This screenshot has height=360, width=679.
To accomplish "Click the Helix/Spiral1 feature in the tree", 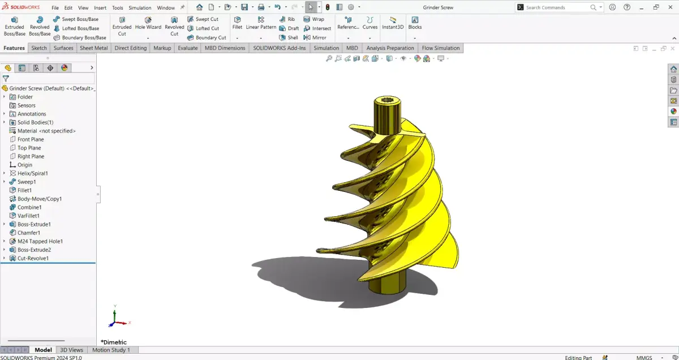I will coord(32,173).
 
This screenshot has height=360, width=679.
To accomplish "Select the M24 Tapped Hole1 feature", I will coord(40,241).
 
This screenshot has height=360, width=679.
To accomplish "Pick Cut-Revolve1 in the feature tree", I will coord(33,258).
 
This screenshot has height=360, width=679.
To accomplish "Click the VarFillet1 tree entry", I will coord(28,216).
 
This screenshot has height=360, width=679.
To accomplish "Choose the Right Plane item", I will coord(31,156).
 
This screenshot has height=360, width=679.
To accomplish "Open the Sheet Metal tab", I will coord(93,48).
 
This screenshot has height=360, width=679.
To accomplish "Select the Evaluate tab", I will coord(187,48).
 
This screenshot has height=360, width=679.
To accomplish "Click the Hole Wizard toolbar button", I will coord(148,23).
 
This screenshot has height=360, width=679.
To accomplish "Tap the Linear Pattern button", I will coord(261,23).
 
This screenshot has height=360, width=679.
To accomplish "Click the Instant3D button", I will coord(393,23).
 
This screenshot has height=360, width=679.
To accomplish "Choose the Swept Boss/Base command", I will coord(76,19).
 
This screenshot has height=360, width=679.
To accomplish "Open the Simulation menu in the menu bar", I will coord(140,8).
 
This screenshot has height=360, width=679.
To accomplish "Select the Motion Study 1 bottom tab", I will coord(111,350).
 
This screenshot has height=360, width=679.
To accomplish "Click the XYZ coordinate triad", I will coord(116,320).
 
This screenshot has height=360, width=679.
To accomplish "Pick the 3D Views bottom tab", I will coord(71,350).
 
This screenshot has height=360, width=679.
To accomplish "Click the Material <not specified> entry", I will coord(46,131).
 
